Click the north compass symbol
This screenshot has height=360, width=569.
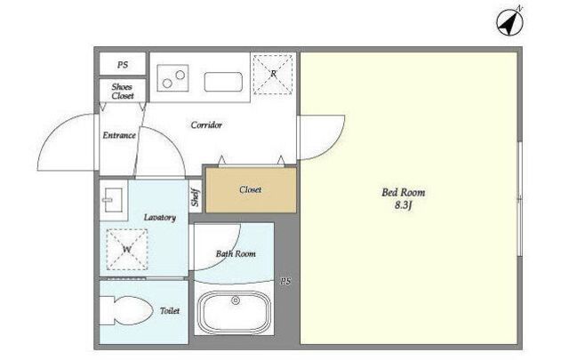[509, 21]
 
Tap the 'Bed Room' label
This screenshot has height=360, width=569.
[403, 192]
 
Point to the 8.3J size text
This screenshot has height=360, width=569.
[404, 205]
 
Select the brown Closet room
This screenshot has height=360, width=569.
[251, 190]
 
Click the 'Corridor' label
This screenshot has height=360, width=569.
[206, 125]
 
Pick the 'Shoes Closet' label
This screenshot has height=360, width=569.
[123, 91]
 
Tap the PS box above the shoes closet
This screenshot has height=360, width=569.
[123, 64]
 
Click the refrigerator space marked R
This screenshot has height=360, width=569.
[273, 75]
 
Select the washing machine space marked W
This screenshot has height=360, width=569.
[127, 249]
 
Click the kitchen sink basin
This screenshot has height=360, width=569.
[223, 82]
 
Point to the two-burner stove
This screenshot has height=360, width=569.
[172, 78]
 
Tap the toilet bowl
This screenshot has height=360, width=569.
[126, 310]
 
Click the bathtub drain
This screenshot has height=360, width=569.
[236, 300]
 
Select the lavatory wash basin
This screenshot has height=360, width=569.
[113, 200]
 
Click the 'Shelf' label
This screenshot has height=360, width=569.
[196, 197]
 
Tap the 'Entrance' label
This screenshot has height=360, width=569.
[119, 135]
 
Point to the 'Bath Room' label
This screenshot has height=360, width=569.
[236, 253]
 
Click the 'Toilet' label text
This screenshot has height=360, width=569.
[170, 310]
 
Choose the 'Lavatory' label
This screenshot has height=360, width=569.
[160, 218]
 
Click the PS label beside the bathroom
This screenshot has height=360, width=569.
[285, 281]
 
